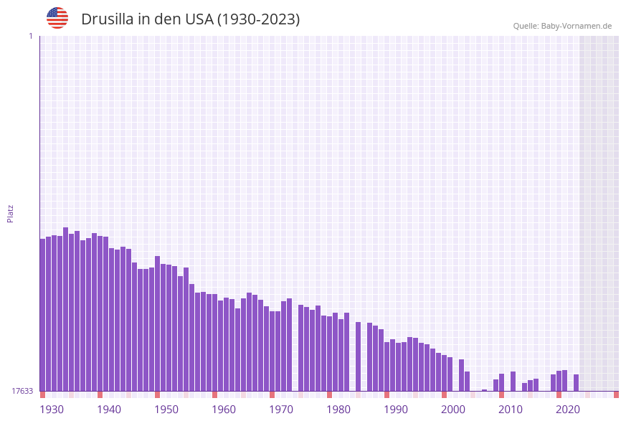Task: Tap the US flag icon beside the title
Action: point(57,18)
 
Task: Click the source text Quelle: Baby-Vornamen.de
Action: point(562,27)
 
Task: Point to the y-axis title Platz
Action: point(11,213)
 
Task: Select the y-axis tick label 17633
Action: point(22,391)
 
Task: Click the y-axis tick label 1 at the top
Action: point(31,37)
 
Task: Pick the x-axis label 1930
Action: point(52,410)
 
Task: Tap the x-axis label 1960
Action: point(224,410)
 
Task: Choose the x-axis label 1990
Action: point(396,410)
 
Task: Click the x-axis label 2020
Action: point(568,410)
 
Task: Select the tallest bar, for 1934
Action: point(66,309)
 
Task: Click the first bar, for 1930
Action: point(43,315)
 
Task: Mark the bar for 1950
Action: point(158,323)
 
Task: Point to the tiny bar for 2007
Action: point(485,390)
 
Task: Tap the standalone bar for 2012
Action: point(513,381)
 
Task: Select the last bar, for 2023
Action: point(577,382)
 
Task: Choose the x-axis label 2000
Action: point(453,410)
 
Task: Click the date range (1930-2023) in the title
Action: point(258,19)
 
